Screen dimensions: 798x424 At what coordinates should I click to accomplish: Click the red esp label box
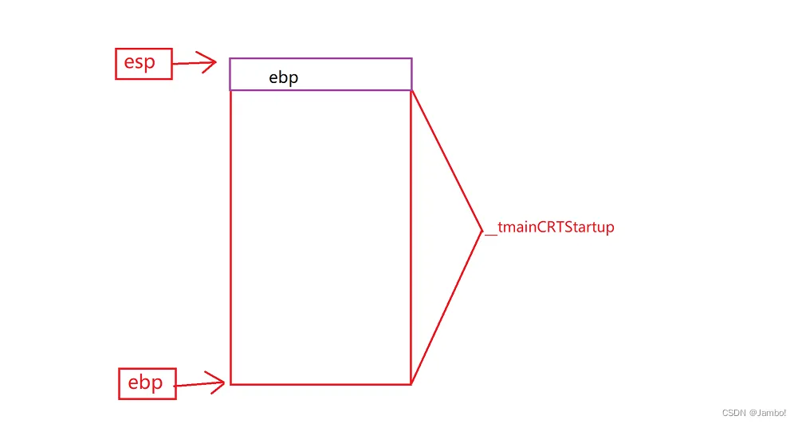pos(143,64)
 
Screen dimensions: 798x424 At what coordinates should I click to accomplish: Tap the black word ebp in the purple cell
pos(283,78)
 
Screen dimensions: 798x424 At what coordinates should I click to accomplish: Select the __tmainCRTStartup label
pos(550,228)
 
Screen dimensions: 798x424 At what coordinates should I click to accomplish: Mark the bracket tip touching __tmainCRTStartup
pos(482,231)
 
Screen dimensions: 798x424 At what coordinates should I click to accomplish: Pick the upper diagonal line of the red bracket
pos(446,160)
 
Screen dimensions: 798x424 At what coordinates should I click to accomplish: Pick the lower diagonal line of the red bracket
pos(446,307)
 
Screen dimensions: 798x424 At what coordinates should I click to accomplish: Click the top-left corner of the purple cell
pos(230,58)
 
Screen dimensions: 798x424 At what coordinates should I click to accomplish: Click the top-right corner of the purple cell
pos(411,58)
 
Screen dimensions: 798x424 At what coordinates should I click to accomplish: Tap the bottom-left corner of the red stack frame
pos(230,384)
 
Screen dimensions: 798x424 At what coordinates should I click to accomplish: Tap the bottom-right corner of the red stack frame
pos(411,384)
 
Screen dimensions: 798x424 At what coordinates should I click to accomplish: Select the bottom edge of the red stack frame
pos(319,384)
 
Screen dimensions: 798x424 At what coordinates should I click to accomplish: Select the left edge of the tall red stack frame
pos(230,240)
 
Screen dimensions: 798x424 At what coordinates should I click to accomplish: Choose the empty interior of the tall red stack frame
pos(319,240)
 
